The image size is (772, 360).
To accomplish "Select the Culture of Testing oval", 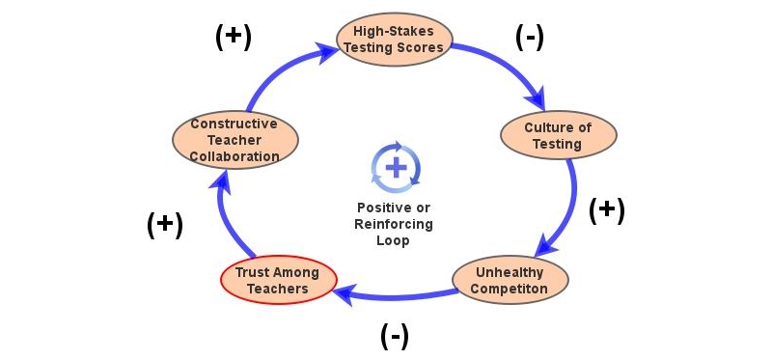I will coord(558,135).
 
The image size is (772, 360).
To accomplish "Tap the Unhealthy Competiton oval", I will coord(510,280).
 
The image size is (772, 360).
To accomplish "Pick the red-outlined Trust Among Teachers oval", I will coord(278,280).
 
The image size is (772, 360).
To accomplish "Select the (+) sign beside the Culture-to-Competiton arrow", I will coord(606,210).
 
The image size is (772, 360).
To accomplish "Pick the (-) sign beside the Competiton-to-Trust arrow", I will coord(394,335).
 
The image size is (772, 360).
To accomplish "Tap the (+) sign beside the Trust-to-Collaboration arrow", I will coord(164,223).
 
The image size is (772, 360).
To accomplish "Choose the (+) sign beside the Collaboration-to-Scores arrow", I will coord(232,36).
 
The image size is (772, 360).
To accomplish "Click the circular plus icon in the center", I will coord(396,166).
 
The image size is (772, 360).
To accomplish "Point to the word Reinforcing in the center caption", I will coord(395,224).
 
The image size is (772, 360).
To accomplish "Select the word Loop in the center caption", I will coord(395,240).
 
